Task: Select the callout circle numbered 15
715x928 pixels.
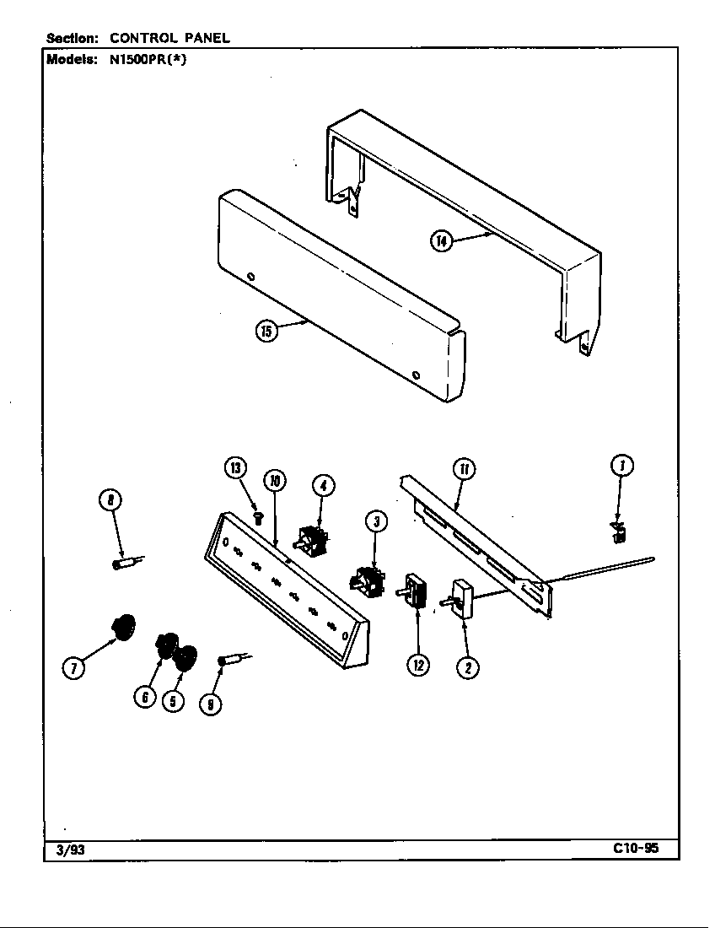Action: pyautogui.click(x=266, y=332)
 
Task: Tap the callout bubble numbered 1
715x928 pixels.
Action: pyautogui.click(x=621, y=465)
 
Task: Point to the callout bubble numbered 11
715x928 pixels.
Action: pyautogui.click(x=464, y=468)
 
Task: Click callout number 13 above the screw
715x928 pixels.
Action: pyautogui.click(x=237, y=468)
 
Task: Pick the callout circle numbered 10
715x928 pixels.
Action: pyautogui.click(x=274, y=481)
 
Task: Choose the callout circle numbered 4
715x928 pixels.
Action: pyautogui.click(x=322, y=485)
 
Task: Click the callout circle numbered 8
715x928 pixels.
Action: pyautogui.click(x=110, y=501)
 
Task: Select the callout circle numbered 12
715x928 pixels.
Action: pyautogui.click(x=418, y=665)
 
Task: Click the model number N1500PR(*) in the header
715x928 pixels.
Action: pyautogui.click(x=147, y=60)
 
